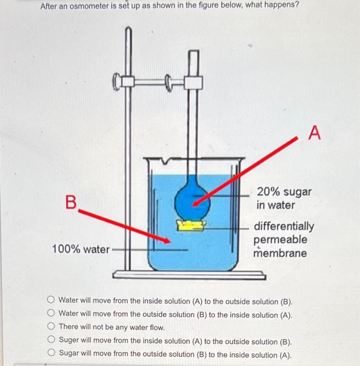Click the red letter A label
point(314,133)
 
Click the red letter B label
point(71,202)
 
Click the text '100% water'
point(81,249)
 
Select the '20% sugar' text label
point(284,192)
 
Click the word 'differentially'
point(284,226)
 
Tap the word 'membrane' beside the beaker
point(280,253)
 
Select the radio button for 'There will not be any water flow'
point(51,326)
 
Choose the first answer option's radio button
point(51,300)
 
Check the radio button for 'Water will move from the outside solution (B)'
point(51,313)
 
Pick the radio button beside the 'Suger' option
point(51,339)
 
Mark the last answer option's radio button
point(51,352)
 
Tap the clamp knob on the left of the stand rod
point(116,82)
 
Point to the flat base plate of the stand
point(189,275)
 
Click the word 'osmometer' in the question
point(89,6)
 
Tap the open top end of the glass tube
point(194,51)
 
